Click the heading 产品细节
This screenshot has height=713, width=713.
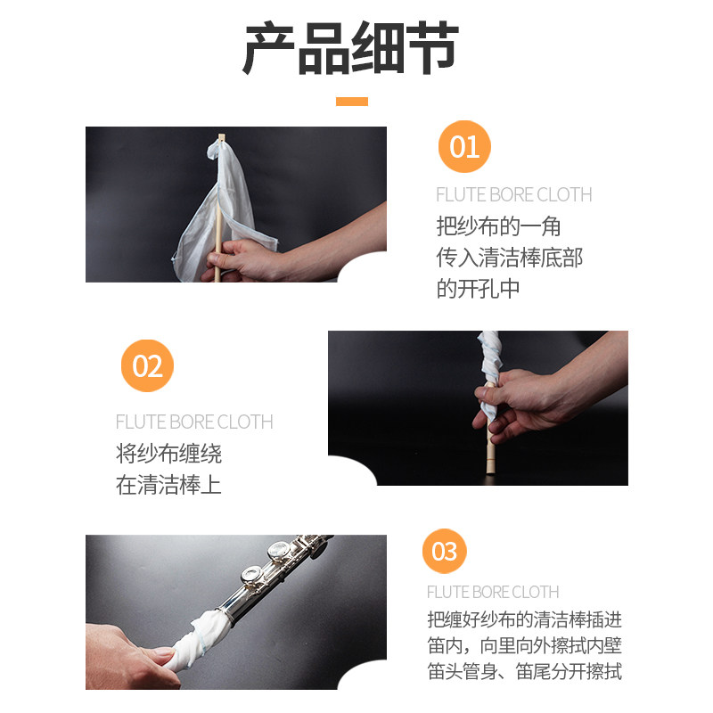(351, 48)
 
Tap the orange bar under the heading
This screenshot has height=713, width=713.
(352, 102)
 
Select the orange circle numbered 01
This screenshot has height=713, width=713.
(464, 146)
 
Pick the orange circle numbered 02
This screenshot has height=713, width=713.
(147, 365)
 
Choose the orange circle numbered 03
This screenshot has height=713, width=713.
(444, 551)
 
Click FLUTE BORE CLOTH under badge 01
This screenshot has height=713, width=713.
(514, 194)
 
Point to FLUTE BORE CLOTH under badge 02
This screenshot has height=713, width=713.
(194, 422)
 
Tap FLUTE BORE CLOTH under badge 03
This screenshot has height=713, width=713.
(493, 592)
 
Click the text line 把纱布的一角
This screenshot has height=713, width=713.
(498, 226)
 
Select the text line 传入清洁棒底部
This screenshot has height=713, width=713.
(509, 258)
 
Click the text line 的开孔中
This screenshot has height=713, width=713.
(478, 289)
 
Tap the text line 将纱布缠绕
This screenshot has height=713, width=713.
(168, 454)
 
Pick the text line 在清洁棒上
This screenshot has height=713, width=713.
(168, 485)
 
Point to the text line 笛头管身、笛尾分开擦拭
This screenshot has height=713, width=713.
(525, 672)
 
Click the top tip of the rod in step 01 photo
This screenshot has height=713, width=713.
(221, 135)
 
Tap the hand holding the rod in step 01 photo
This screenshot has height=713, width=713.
(243, 260)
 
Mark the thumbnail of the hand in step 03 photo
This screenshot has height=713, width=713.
(163, 652)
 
